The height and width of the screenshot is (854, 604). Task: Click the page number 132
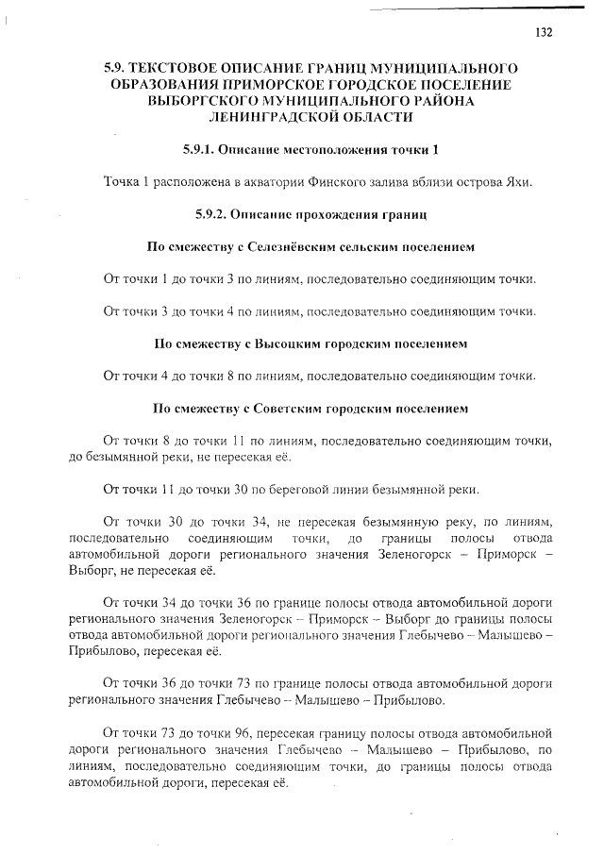544,32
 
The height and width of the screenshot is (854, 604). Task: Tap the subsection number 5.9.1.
203,150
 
